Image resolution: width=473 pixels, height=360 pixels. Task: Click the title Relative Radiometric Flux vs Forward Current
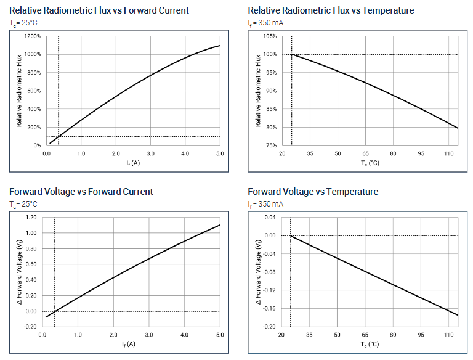pos(99,10)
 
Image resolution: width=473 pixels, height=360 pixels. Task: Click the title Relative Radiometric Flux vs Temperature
pos(331,10)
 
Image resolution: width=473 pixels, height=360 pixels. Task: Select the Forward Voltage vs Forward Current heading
pos(81,192)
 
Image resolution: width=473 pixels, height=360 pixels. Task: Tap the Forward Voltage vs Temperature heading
pos(313,192)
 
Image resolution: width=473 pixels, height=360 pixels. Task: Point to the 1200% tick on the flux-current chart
pos(33,36)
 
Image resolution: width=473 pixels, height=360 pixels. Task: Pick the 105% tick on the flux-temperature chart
pos(269,36)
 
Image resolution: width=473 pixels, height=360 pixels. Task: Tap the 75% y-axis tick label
pos(270,145)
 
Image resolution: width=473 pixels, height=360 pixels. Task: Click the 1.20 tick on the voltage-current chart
pos(31,218)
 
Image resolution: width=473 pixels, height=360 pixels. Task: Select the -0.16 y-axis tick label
pos(269,308)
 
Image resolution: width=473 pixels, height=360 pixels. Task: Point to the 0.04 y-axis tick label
pos(270,218)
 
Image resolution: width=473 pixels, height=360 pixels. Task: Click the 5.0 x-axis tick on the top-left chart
pos(220,153)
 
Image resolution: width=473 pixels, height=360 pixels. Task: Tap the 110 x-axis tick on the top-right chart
pos(450,153)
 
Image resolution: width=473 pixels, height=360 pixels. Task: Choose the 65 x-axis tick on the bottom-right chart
pos(365,335)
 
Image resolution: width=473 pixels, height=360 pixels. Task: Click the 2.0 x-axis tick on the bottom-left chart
pos(113,335)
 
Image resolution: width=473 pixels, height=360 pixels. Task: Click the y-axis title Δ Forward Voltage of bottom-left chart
pos(20,272)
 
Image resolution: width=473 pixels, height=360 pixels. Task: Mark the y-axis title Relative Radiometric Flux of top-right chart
pos(259,91)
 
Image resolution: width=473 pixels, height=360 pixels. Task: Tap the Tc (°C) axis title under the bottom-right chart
pos(370,344)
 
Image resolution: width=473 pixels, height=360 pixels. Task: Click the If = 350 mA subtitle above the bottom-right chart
pos(265,204)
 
